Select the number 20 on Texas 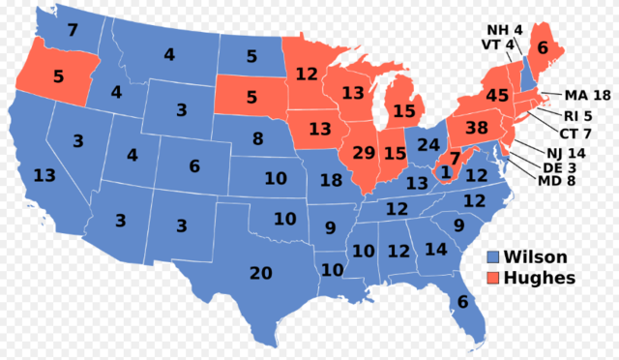pyautogui.click(x=261, y=273)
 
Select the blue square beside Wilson pyautogui.click(x=493, y=257)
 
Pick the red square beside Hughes pyautogui.click(x=493, y=278)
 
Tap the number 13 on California pyautogui.click(x=43, y=176)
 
